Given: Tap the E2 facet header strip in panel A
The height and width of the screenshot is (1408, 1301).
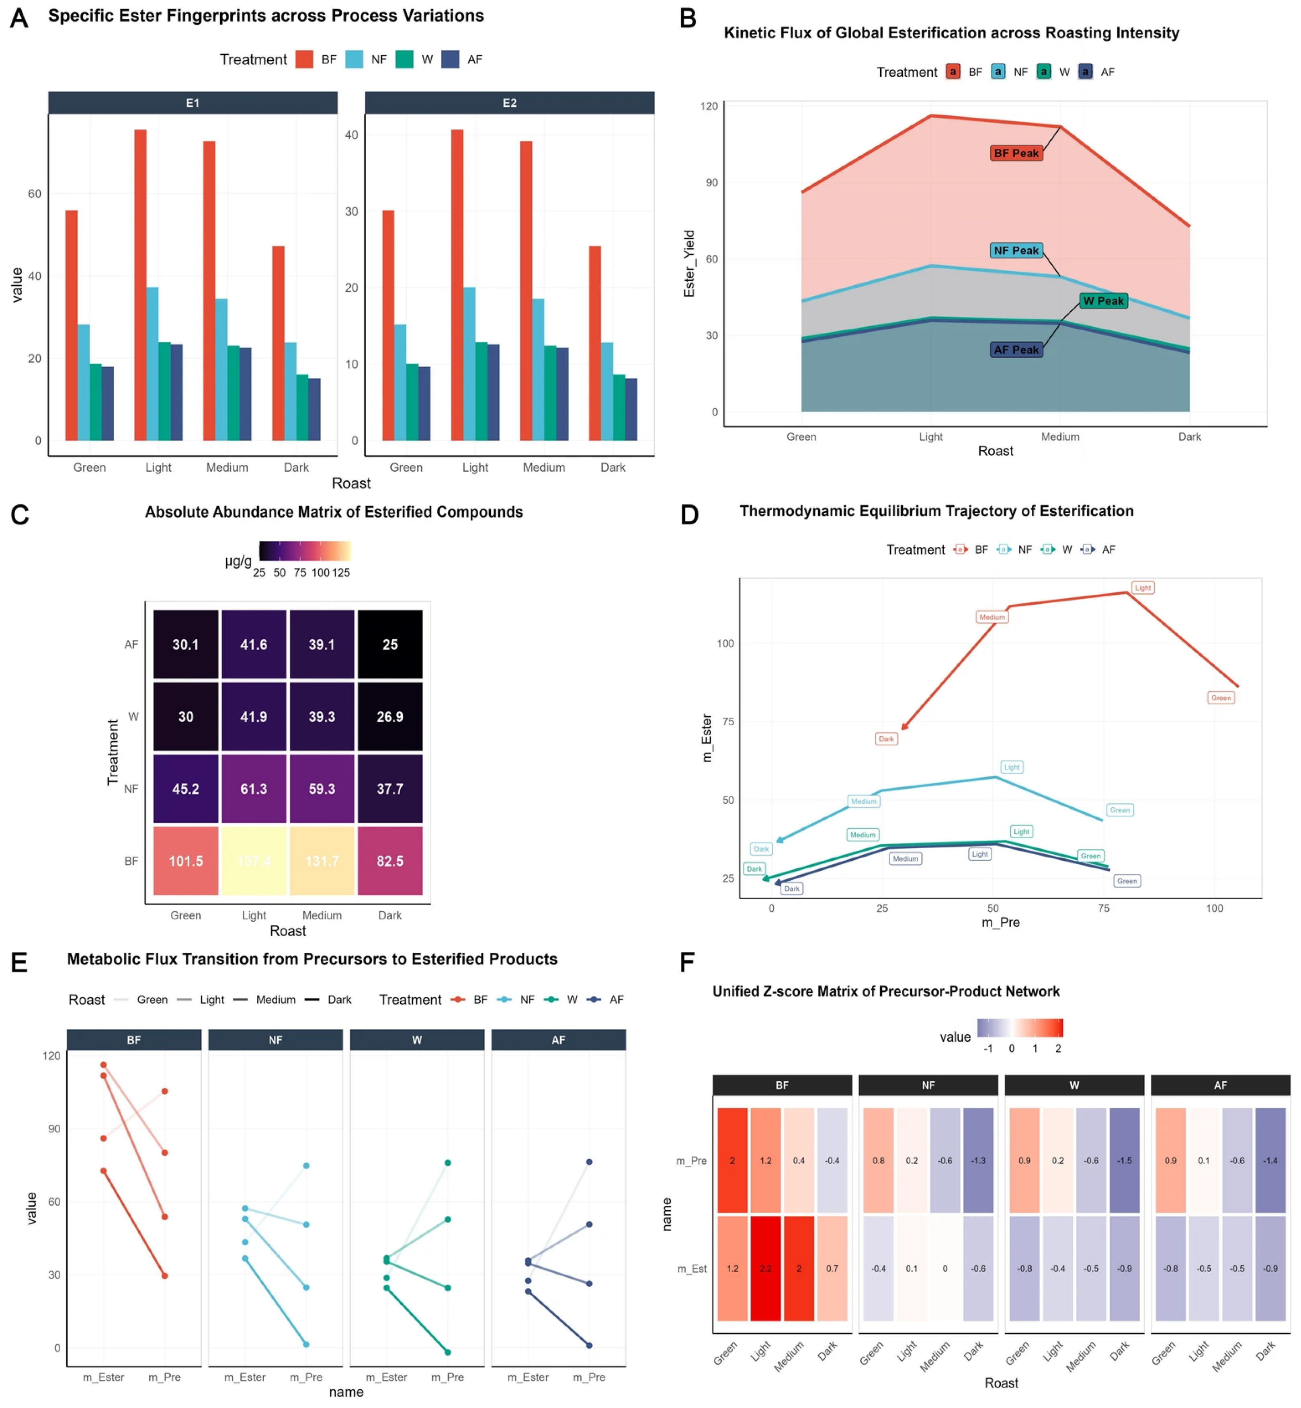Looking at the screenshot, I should [x=509, y=103].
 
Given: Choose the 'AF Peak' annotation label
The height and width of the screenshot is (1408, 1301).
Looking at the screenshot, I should [x=1015, y=350].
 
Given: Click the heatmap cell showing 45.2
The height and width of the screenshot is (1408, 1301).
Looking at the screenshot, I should [x=186, y=788].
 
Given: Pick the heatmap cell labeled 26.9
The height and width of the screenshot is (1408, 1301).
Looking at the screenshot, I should [x=390, y=717].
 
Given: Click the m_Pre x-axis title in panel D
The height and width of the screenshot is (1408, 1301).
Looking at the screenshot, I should [x=1000, y=922].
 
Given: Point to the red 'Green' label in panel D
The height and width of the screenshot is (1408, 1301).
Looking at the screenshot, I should [x=1221, y=698].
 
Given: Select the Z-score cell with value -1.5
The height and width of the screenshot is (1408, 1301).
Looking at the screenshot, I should [x=1124, y=1161].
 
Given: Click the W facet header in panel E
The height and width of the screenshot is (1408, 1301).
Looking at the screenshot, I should [x=417, y=1040].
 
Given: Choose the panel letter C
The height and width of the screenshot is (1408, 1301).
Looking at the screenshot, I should [x=20, y=515].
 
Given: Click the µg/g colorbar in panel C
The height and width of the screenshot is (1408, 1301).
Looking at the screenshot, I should [x=305, y=551].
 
